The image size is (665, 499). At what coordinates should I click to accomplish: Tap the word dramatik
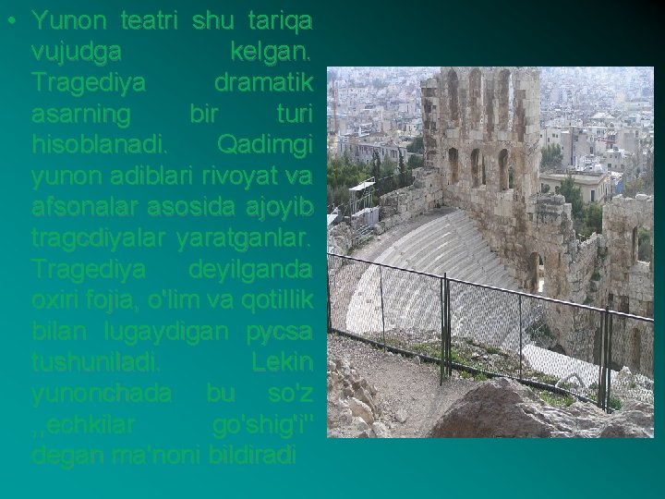point(263,82)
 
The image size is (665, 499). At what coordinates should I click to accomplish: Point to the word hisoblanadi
point(100,145)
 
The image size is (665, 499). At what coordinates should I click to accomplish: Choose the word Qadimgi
point(264,145)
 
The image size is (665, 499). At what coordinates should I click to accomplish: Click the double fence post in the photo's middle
point(445,329)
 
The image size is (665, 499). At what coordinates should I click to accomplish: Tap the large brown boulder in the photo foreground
point(517,411)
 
